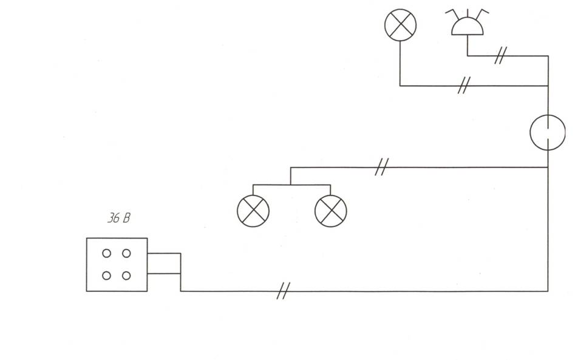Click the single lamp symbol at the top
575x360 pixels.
(401, 25)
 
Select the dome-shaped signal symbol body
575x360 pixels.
(467, 27)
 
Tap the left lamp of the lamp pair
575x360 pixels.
(253, 211)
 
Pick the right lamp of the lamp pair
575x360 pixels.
(331, 211)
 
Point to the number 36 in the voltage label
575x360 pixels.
(114, 218)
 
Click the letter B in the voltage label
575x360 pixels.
(126, 219)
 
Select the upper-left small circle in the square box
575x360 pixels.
(106, 253)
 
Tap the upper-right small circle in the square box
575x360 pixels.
(126, 253)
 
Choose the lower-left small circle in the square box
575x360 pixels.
(106, 276)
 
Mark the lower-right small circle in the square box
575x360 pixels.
(126, 276)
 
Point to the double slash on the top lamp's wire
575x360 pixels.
(464, 86)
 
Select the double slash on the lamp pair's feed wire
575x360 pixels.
(382, 167)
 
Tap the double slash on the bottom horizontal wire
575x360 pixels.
(283, 291)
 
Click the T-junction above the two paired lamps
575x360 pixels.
(290, 185)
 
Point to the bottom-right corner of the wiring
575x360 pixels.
(548, 291)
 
